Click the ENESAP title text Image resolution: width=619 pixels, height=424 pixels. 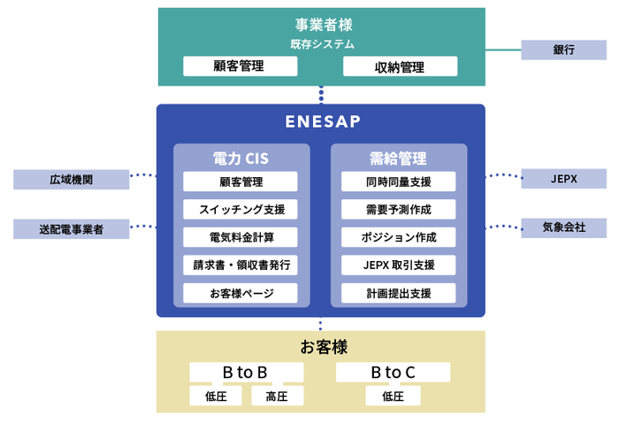(x=323, y=121)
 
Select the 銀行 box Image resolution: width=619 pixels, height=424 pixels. (x=563, y=50)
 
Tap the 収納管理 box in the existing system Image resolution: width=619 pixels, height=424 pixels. (x=400, y=66)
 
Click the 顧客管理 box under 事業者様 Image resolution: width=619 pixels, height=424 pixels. (x=239, y=66)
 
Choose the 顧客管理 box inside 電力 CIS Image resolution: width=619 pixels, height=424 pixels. (x=241, y=181)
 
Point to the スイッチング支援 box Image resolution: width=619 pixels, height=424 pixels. (x=241, y=210)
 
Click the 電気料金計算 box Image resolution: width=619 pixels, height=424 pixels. (x=241, y=237)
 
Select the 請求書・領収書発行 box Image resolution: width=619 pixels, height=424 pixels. (x=241, y=265)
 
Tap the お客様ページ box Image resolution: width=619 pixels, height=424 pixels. (x=241, y=293)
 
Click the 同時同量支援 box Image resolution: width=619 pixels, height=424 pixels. (x=399, y=181)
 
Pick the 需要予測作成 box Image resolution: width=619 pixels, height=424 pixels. (x=399, y=210)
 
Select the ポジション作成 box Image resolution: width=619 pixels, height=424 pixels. (x=399, y=237)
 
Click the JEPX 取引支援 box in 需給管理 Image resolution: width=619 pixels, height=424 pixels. (x=399, y=265)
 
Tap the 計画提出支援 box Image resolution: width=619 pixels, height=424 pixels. (x=399, y=293)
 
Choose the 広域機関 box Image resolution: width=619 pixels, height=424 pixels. (x=71, y=179)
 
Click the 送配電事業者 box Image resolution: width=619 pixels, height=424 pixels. (x=71, y=229)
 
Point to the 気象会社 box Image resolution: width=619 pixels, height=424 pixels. (x=563, y=227)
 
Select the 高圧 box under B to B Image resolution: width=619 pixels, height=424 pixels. (x=276, y=397)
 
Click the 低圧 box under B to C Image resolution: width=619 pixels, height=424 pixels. (x=394, y=397)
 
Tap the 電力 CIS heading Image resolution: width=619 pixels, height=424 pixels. (x=241, y=158)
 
